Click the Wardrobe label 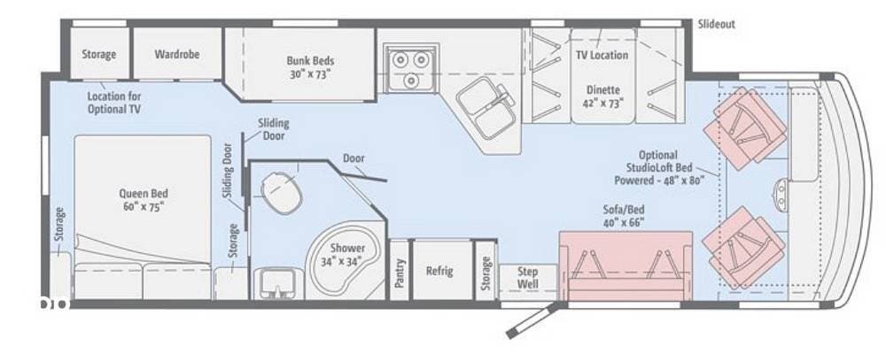177,54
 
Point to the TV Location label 602,55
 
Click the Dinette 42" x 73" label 603,96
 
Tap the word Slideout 717,24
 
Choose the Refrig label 439,270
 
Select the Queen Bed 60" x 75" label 143,199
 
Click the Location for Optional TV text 113,103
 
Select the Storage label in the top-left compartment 99,54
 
